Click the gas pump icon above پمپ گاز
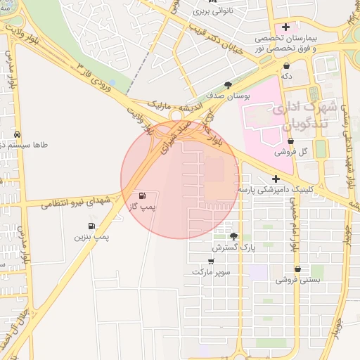pos(143,195)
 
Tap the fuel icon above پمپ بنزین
pos(91,226)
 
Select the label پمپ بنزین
pos(93,238)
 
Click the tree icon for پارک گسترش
pos(233,237)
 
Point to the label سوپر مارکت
pos(212,272)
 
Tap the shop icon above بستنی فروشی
pos(298,268)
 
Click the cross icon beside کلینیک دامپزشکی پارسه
pos(276,179)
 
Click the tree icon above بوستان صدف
pos(227,84)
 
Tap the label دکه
pos(285,74)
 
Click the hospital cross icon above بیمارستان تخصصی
pos(286,27)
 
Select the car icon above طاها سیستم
pos(17,134)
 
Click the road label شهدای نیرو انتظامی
pos(72,201)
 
